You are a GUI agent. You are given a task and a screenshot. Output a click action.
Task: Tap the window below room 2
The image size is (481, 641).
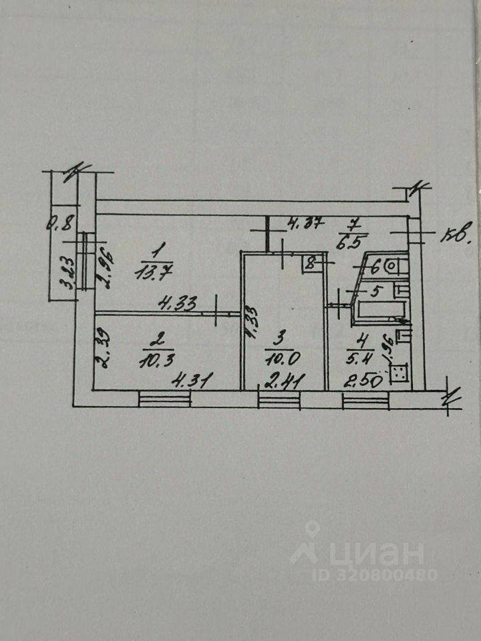click(164, 399)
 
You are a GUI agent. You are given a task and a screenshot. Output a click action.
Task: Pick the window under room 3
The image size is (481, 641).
click(279, 399)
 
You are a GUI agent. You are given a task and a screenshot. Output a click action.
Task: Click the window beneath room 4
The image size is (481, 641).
click(365, 399)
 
